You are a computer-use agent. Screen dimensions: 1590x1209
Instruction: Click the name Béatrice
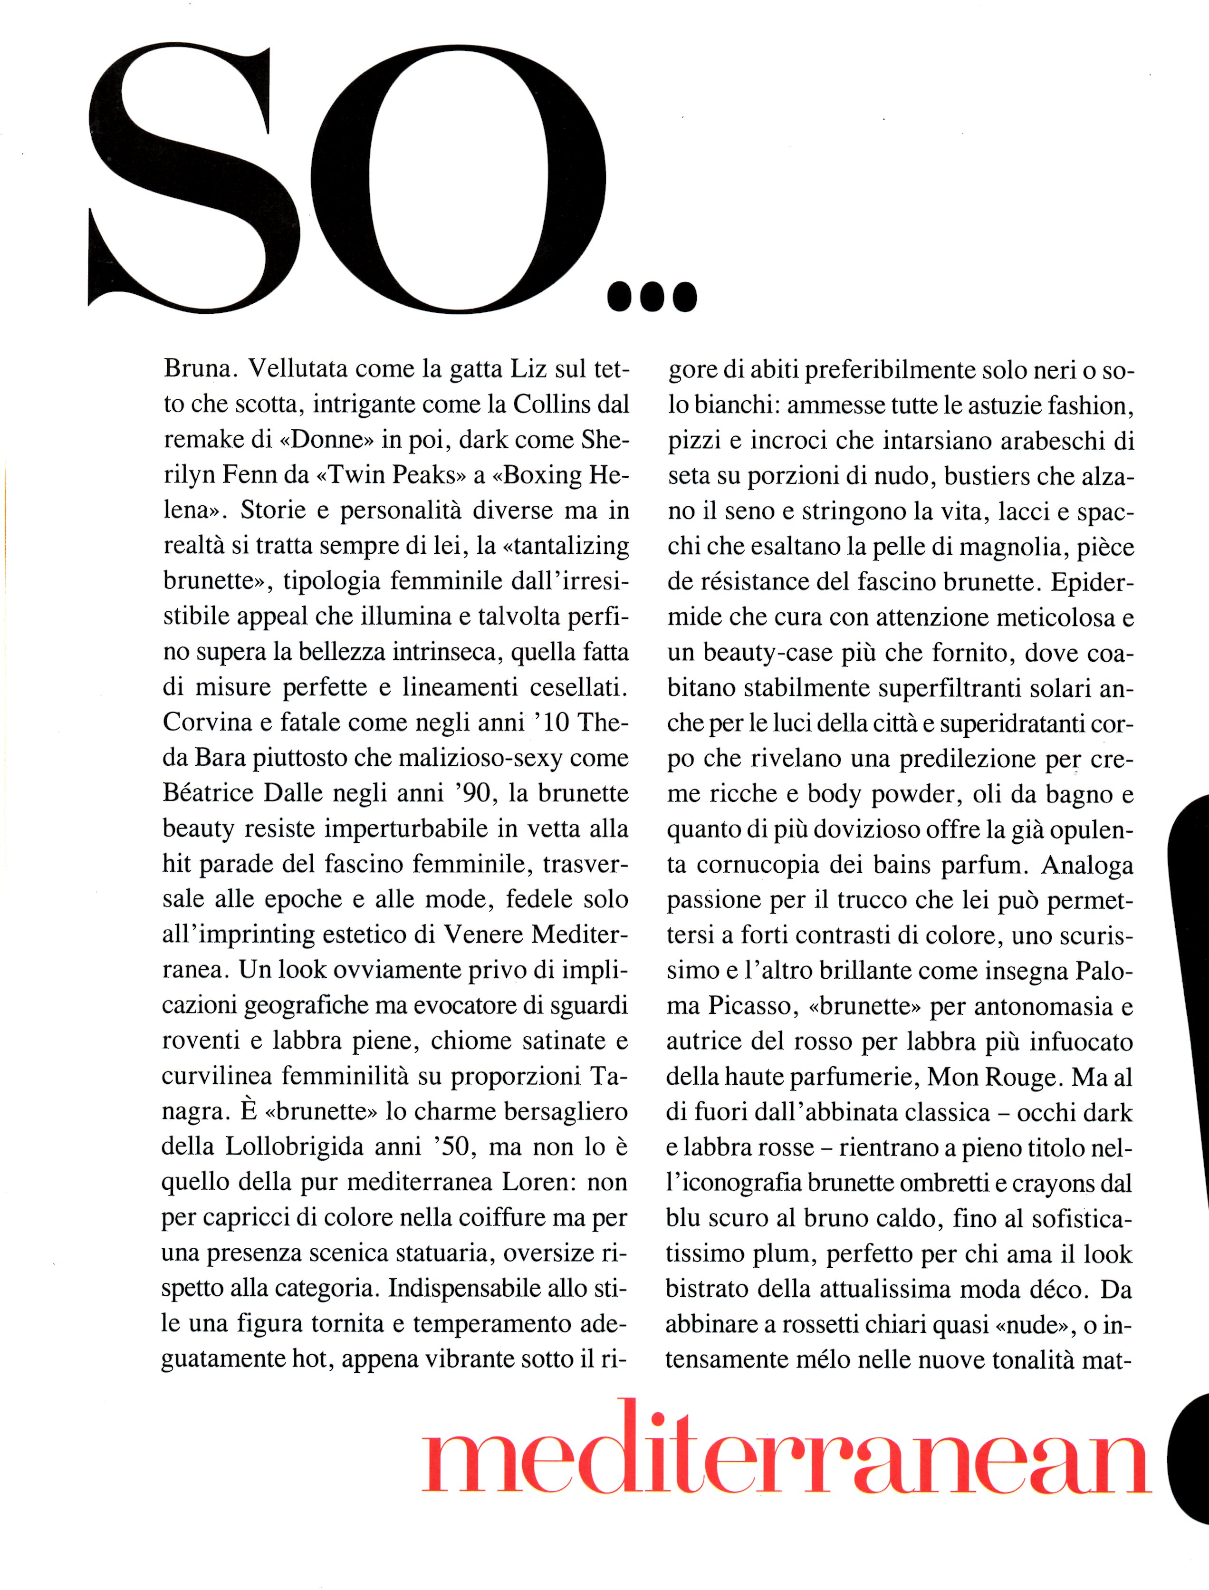[x=209, y=792]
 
